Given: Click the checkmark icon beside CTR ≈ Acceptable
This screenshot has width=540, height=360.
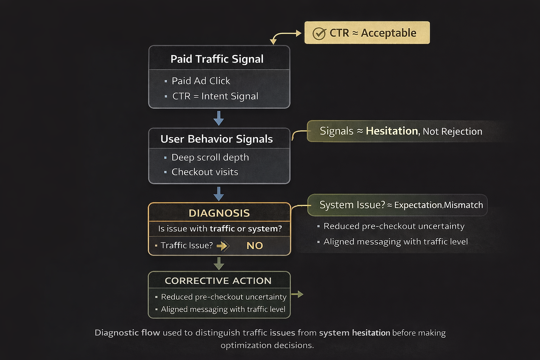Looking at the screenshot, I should click(x=319, y=34).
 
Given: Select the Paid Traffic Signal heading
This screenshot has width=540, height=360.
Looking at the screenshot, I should click(x=217, y=59).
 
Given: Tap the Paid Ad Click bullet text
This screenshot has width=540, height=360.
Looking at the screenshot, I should click(x=201, y=81).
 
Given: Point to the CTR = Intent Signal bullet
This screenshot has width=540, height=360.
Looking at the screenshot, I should click(x=215, y=96).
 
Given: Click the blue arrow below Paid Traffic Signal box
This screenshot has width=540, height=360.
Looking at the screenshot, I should click(x=219, y=118).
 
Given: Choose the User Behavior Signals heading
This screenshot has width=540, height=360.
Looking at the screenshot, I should click(x=217, y=139).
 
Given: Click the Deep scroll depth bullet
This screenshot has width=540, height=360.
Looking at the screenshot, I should click(x=210, y=157).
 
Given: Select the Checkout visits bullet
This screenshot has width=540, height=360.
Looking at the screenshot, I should click(x=205, y=172).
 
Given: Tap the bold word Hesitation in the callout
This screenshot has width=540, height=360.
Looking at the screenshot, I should click(x=392, y=131).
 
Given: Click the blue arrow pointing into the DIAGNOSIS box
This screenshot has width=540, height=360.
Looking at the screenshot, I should click(x=219, y=194).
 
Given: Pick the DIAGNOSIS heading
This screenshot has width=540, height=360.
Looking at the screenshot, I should click(x=219, y=213).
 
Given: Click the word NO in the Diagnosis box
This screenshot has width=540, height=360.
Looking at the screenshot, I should click(x=255, y=246).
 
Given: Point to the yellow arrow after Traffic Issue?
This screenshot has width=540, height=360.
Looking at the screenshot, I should click(x=223, y=246).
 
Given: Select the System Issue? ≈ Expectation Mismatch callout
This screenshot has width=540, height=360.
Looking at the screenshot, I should click(x=397, y=205).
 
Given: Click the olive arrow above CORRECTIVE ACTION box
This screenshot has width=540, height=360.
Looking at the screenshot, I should click(x=219, y=263).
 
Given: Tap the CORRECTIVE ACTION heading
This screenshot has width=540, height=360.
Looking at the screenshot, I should click(x=218, y=281).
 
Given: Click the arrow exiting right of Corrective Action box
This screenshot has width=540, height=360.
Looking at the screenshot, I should click(x=297, y=294).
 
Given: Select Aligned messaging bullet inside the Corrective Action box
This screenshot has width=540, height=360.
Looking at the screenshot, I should click(x=223, y=309).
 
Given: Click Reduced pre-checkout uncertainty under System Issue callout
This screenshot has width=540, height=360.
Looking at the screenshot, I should click(x=394, y=226).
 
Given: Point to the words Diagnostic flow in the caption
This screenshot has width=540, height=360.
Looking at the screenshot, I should click(x=127, y=333).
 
